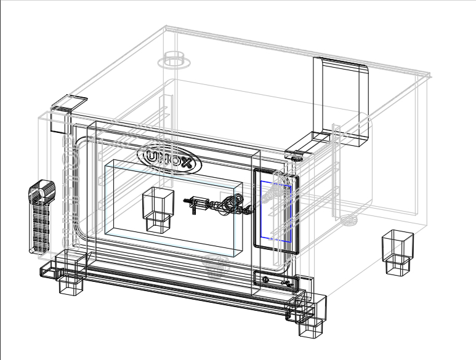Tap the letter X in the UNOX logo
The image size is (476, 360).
click(x=186, y=164)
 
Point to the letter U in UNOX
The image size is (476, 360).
click(x=152, y=156)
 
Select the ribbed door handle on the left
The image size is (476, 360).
click(x=42, y=217)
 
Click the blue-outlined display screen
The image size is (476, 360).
click(x=276, y=212)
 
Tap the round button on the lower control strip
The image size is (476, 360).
click(x=265, y=279)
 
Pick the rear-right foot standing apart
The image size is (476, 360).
click(x=398, y=252)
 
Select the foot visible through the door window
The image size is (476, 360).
click(x=158, y=209)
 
